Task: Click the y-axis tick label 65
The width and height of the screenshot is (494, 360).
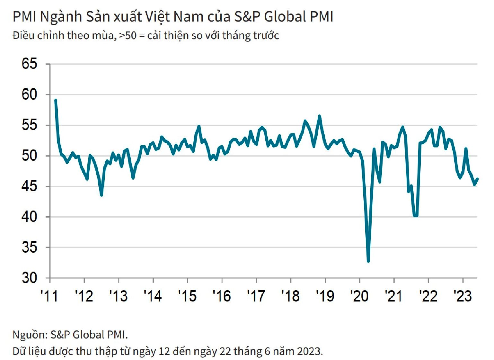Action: click(x=30, y=64)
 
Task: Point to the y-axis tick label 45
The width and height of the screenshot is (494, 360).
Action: click(x=30, y=186)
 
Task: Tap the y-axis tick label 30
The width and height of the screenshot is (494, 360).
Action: click(x=30, y=278)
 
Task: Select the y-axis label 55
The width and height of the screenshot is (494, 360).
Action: click(x=30, y=125)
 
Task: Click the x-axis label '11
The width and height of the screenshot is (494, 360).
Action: click(x=49, y=296)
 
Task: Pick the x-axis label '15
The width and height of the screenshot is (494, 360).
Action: click(x=187, y=296)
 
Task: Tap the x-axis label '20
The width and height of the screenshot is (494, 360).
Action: click(x=359, y=296)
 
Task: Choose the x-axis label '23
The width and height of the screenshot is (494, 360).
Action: click(x=463, y=296)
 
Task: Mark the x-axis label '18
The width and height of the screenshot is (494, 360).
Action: click(x=290, y=296)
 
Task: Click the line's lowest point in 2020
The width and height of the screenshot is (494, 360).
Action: click(x=368, y=261)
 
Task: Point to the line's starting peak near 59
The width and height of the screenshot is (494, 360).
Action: click(x=56, y=100)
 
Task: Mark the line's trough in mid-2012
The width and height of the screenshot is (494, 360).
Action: click(x=101, y=195)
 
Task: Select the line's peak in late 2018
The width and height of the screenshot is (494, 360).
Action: click(x=319, y=116)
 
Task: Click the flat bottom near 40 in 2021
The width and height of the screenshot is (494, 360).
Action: click(x=415, y=216)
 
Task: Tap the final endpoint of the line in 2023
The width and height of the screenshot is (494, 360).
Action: click(x=477, y=179)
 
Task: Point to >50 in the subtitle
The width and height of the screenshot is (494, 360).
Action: click(x=128, y=35)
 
